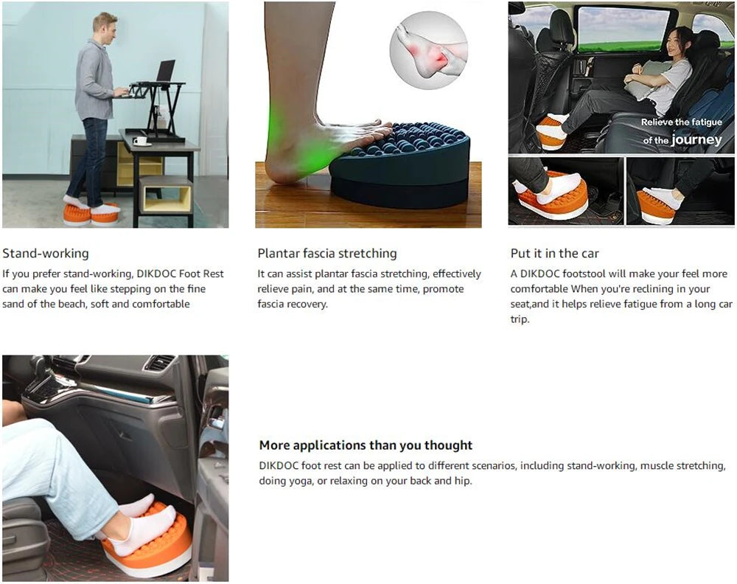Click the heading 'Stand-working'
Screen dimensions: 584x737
(x=45, y=253)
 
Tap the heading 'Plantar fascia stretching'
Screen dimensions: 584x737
(x=326, y=253)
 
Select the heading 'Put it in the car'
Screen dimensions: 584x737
(x=554, y=253)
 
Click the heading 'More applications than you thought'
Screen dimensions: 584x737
(x=366, y=445)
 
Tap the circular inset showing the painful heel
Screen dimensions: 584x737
(x=428, y=50)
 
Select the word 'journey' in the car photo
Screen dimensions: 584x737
(x=696, y=139)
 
